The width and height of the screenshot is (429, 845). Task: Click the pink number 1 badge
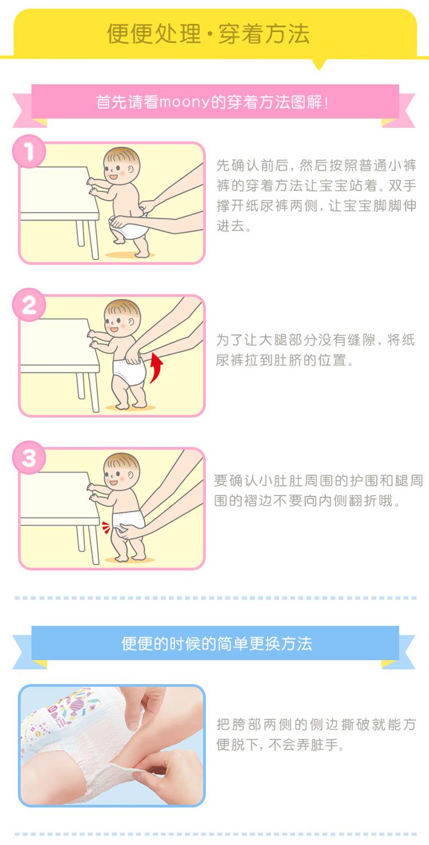pos(29,151)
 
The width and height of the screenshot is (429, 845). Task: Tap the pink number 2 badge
pos(29,305)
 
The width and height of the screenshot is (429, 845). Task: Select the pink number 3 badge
pos(29,458)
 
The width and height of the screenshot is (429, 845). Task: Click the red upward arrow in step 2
pos(157,367)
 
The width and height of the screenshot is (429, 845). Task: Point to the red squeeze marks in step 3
pos(106,527)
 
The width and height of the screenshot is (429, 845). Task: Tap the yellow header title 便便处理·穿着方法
pos(208,34)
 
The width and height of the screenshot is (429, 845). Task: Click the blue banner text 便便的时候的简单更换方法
pos(217,643)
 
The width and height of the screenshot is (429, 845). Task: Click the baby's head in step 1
pos(122,166)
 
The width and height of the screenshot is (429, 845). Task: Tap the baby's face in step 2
pos(117,322)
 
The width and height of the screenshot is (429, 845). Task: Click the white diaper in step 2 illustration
pos(129,371)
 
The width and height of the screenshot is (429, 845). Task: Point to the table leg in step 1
pos(93,239)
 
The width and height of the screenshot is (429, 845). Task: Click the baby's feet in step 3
pos(130,557)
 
